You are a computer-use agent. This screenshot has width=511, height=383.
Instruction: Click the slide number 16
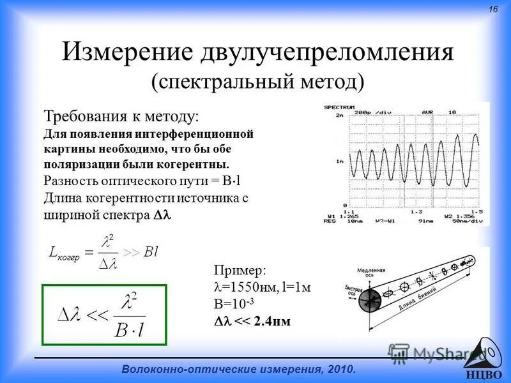click(x=492, y=9)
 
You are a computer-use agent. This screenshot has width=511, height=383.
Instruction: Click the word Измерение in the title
click(x=127, y=52)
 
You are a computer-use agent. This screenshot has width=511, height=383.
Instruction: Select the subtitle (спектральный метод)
click(x=258, y=81)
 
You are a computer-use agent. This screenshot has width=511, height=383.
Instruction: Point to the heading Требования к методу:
click(x=121, y=116)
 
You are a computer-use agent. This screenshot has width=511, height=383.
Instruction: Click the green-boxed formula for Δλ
click(x=104, y=315)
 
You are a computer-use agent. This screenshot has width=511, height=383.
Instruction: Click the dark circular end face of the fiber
click(x=369, y=299)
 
